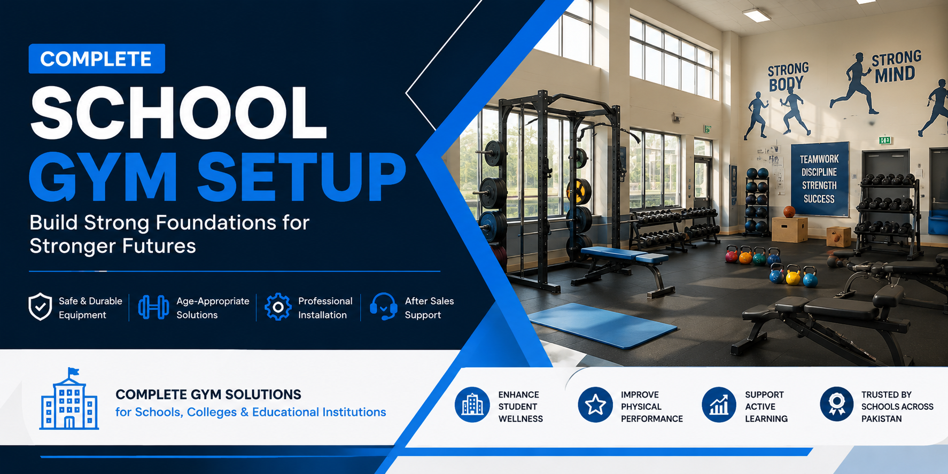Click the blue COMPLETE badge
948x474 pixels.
[97, 59]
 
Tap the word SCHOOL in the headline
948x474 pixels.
[178, 113]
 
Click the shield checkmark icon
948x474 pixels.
[40, 307]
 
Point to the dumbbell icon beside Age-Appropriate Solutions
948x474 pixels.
[153, 307]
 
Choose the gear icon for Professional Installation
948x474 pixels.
[278, 307]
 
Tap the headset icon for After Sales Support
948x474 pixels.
[383, 307]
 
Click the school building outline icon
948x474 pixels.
[69, 399]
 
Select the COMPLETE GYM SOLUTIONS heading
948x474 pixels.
[208, 394]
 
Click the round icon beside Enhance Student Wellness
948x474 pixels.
[472, 405]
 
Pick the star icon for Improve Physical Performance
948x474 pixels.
[595, 405]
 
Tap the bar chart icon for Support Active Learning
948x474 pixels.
[719, 405]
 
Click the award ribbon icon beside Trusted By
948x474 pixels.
[837, 405]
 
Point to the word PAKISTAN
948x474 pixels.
[881, 419]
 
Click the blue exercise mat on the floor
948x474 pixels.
[603, 325]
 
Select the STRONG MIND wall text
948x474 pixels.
[897, 67]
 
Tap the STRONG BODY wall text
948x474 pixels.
[788, 76]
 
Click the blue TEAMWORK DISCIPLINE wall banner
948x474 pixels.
[820, 179]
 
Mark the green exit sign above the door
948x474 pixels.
[885, 141]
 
